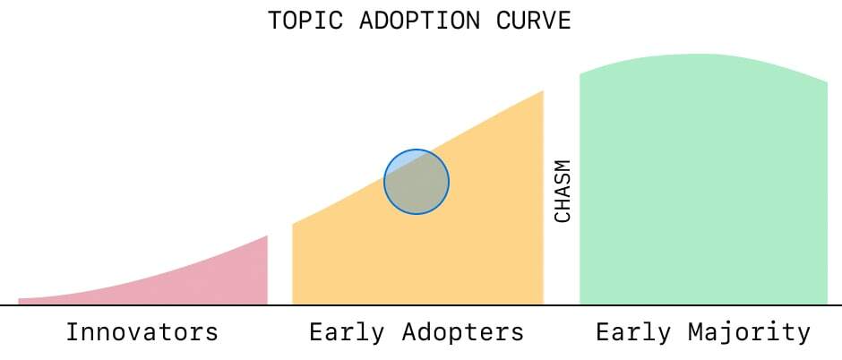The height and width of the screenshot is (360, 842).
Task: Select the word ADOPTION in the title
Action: [x=419, y=21]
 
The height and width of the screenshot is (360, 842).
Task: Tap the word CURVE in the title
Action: [x=533, y=21]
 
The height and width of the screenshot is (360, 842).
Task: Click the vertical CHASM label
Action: [x=563, y=191]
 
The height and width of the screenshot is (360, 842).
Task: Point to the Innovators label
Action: [x=142, y=332]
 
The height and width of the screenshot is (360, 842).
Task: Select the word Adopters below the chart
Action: [x=462, y=333]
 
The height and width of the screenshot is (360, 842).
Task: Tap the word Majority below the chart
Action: [x=749, y=333]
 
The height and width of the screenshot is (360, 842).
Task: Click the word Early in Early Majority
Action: [x=633, y=333]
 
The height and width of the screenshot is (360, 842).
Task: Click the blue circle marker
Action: [x=417, y=182]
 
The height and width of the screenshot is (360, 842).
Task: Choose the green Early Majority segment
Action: [x=703, y=183]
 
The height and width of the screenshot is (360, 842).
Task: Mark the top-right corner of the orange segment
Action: [x=544, y=90]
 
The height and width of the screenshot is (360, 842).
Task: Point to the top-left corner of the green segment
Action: [x=580, y=74]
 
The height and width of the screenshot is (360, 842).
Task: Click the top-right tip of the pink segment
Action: [x=268, y=236]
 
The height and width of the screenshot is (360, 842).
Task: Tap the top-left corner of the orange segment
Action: [x=293, y=224]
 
